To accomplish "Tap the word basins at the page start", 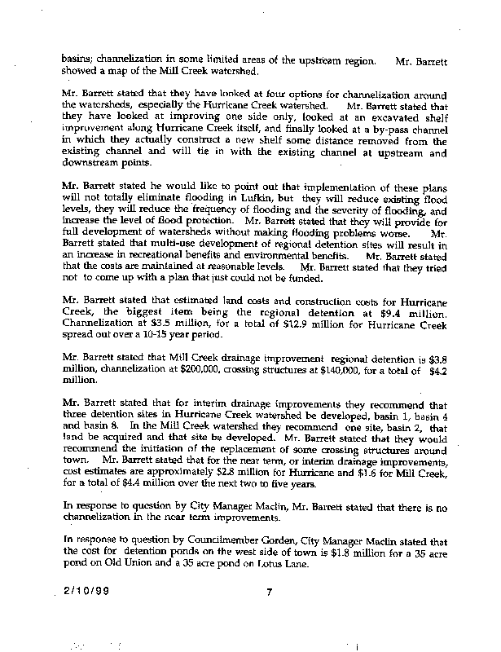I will click(78, 59).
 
